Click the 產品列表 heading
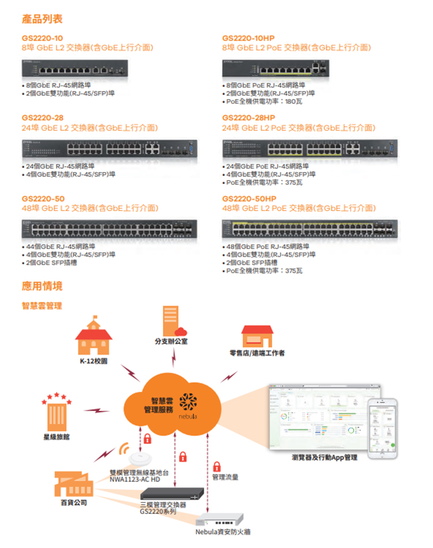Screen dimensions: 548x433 coord(42,20)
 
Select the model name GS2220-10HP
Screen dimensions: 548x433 coord(248,38)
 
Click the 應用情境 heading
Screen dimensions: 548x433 coord(42,286)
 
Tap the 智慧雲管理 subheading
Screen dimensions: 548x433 coord(42,305)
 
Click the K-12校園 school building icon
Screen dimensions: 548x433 coord(94,337)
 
